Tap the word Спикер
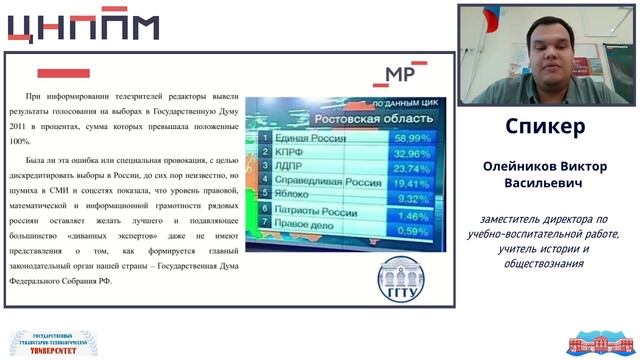click(545, 128)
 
